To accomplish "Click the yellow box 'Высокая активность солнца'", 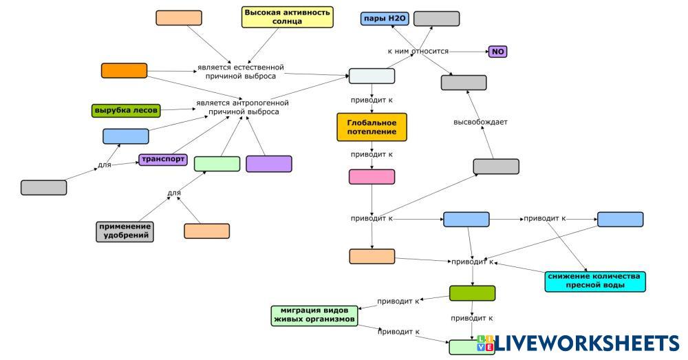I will tap(287, 17).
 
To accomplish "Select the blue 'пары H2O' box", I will tap(384, 19).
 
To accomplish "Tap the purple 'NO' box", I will tap(497, 52).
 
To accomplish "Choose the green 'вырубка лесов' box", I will tap(126, 110).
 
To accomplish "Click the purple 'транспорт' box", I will tap(162, 160).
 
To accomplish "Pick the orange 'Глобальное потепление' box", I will tap(372, 127).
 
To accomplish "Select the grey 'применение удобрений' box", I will tap(124, 231).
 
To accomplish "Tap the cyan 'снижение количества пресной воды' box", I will tap(594, 281).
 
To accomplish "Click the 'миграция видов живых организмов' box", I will tap(314, 315).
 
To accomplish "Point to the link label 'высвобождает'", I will tap(480, 123).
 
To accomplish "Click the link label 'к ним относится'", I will tap(418, 52).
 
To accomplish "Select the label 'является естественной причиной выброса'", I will tap(240, 72).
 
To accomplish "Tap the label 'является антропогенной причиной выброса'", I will tap(241, 107).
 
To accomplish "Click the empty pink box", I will tap(372, 177).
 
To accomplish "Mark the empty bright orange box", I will tap(124, 70).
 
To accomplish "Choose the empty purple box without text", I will tap(268, 164).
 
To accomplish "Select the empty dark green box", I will tap(472, 293).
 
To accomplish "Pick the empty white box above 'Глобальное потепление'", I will tap(372, 76).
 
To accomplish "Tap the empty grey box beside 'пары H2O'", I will tap(436, 19).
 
